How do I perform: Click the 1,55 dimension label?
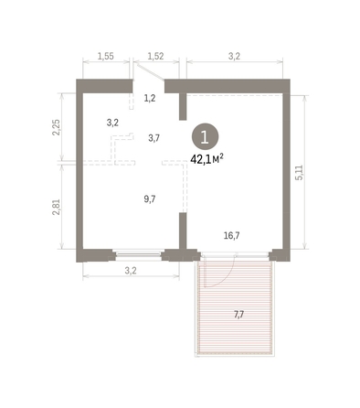105,56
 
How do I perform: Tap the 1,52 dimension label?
154,56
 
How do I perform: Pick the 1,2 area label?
150,98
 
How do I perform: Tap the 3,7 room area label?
154,138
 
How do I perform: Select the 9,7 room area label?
150,199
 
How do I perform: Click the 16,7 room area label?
231,235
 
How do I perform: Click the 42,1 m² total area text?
207,158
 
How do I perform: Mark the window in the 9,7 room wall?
137,252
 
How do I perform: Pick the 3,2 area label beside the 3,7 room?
112,122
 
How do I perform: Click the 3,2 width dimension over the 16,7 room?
234,56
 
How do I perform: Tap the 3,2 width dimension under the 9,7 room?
129,272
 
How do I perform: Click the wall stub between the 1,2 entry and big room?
182,106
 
